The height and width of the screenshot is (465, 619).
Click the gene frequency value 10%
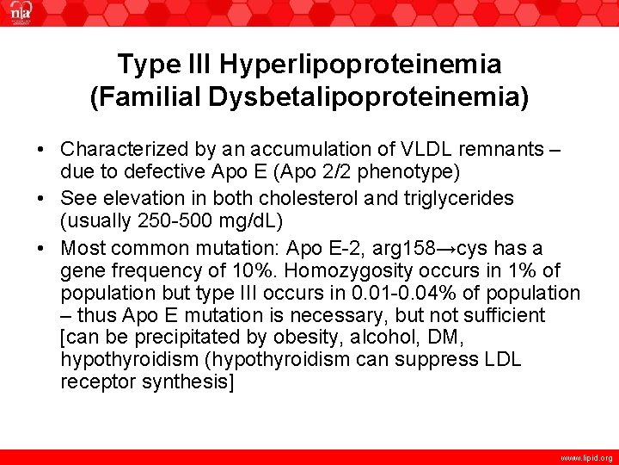[260, 270]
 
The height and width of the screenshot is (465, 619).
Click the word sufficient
[493, 315]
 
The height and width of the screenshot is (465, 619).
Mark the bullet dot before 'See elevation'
[41, 198]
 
